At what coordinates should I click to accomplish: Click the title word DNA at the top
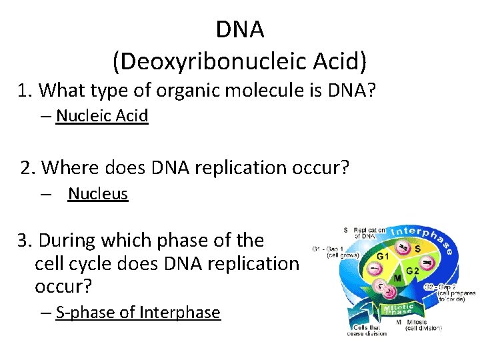pyautogui.click(x=240, y=29)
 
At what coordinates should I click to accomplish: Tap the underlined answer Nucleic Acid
pyautogui.click(x=102, y=116)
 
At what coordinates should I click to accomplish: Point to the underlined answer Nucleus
pyautogui.click(x=98, y=194)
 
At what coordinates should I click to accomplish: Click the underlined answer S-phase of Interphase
pyautogui.click(x=138, y=312)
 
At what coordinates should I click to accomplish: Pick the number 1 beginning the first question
pyautogui.click(x=25, y=90)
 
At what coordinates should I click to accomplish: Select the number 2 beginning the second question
pyautogui.click(x=27, y=167)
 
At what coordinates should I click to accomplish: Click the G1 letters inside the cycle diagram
pyautogui.click(x=383, y=256)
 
